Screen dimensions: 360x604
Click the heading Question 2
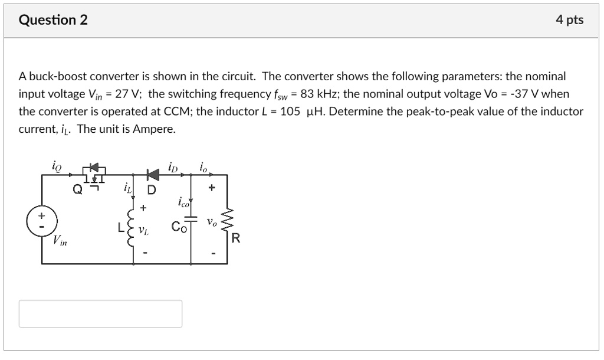[x=53, y=20]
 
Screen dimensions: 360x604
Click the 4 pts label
[x=569, y=20]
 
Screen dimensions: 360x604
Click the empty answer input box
[x=100, y=313]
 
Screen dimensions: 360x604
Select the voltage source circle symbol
[x=41, y=220]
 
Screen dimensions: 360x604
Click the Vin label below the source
[x=60, y=240]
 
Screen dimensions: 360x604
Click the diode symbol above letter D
[x=153, y=174]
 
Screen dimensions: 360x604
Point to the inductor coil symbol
[x=132, y=227]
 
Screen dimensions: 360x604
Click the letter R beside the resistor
[x=236, y=238]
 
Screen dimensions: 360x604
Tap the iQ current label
[x=57, y=166]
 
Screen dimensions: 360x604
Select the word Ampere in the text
[x=156, y=129]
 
